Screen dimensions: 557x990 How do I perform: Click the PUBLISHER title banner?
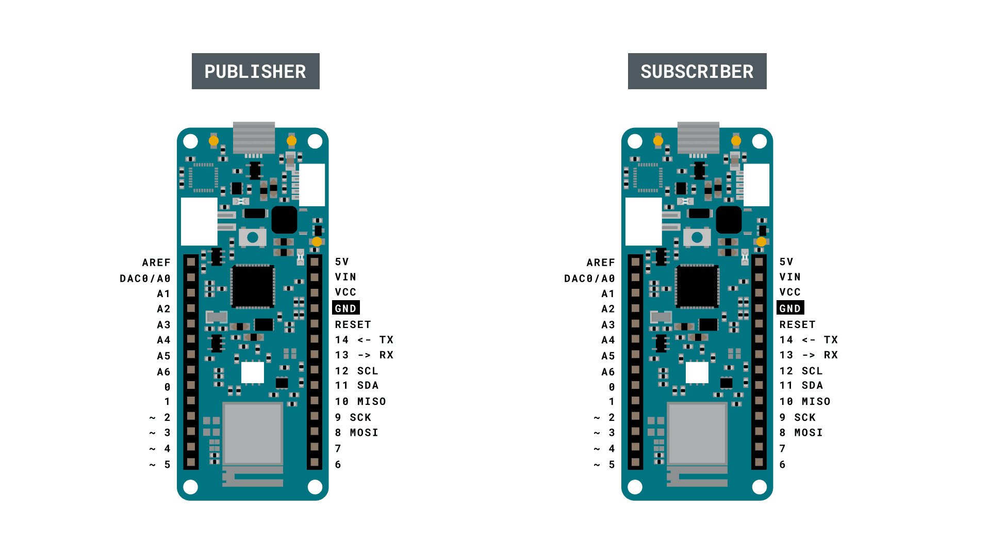(x=255, y=71)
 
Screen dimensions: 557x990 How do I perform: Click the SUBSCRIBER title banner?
(x=697, y=71)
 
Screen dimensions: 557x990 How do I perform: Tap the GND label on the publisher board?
(x=345, y=308)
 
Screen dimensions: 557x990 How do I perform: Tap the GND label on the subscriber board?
(x=790, y=308)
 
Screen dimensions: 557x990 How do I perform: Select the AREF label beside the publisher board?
(x=156, y=263)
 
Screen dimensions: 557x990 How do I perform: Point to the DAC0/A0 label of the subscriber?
(x=589, y=278)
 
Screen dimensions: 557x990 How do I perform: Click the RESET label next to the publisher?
(x=353, y=324)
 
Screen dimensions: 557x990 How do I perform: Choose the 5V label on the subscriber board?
(x=786, y=262)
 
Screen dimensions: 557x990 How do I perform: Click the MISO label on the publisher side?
(x=371, y=401)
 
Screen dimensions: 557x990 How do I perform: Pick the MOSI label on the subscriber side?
(x=808, y=433)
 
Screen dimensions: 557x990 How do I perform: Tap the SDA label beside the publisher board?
(x=368, y=385)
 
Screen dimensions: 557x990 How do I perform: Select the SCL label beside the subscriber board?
(x=812, y=371)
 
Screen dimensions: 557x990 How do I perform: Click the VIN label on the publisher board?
(x=345, y=277)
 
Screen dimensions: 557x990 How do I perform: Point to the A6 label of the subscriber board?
(x=608, y=372)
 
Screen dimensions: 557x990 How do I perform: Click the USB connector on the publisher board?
(x=254, y=137)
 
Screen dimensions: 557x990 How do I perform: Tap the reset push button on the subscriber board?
(x=697, y=237)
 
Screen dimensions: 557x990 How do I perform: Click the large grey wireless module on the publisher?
(x=253, y=433)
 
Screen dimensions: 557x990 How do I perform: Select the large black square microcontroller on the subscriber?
(x=697, y=287)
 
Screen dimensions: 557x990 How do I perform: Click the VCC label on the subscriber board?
(x=790, y=292)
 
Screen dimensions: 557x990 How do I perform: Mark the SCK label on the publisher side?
(x=360, y=417)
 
